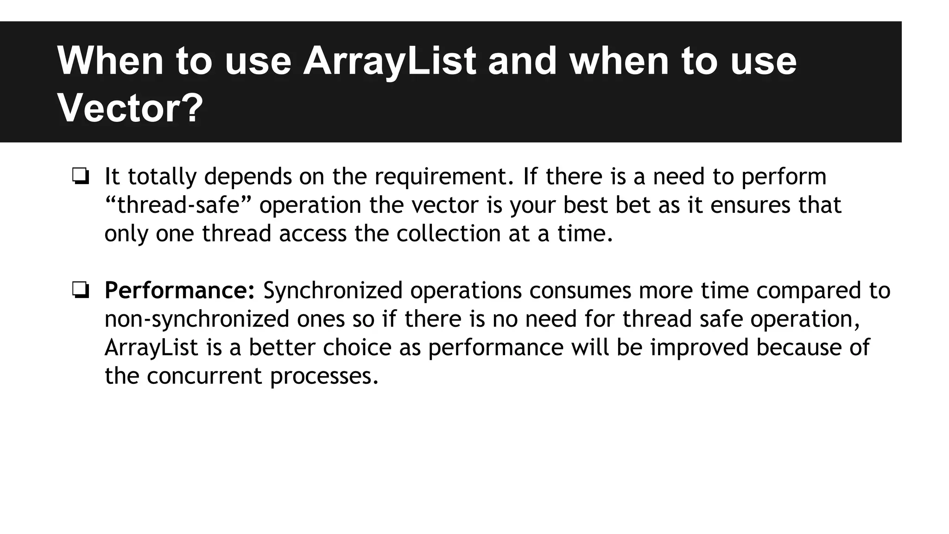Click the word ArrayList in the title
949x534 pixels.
pos(389,61)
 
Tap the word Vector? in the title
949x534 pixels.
pos(130,108)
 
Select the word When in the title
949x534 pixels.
pos(110,61)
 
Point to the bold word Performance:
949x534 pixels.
pos(180,291)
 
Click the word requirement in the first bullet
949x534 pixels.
pos(444,177)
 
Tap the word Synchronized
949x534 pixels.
pos(333,291)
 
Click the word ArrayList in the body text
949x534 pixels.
pos(152,348)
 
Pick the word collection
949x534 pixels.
pos(448,234)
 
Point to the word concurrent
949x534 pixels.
pos(204,376)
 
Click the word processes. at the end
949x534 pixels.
pos(324,376)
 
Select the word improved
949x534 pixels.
pos(699,348)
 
